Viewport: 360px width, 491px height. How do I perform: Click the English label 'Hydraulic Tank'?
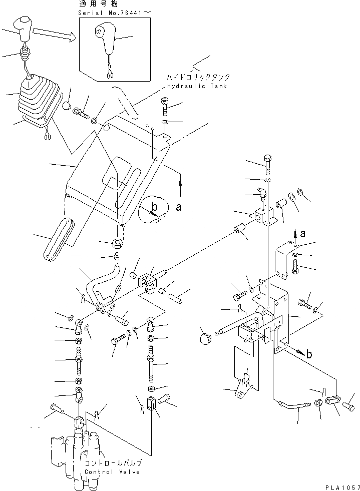click(195, 86)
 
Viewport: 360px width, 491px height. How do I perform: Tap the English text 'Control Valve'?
click(113, 472)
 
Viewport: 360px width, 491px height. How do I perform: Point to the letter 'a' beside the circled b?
click(178, 208)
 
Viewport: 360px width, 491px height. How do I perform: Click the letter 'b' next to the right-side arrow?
click(309, 354)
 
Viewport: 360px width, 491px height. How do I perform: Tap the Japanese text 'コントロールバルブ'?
click(114, 463)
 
